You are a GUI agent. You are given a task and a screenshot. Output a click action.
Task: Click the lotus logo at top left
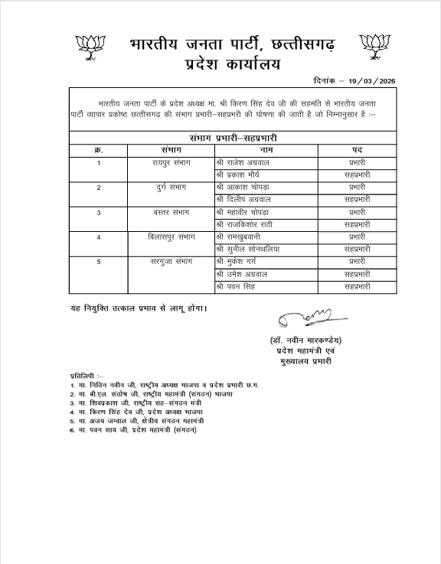[91, 47]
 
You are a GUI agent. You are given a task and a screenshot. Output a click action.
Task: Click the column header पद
[357, 149]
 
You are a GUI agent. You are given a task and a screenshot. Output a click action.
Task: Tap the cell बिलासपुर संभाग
[171, 236]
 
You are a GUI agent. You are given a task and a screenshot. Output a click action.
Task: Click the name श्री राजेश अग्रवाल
[243, 163]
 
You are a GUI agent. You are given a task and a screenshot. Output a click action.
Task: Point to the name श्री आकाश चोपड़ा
[243, 187]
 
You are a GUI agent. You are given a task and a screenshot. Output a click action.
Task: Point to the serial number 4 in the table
[98, 236]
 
